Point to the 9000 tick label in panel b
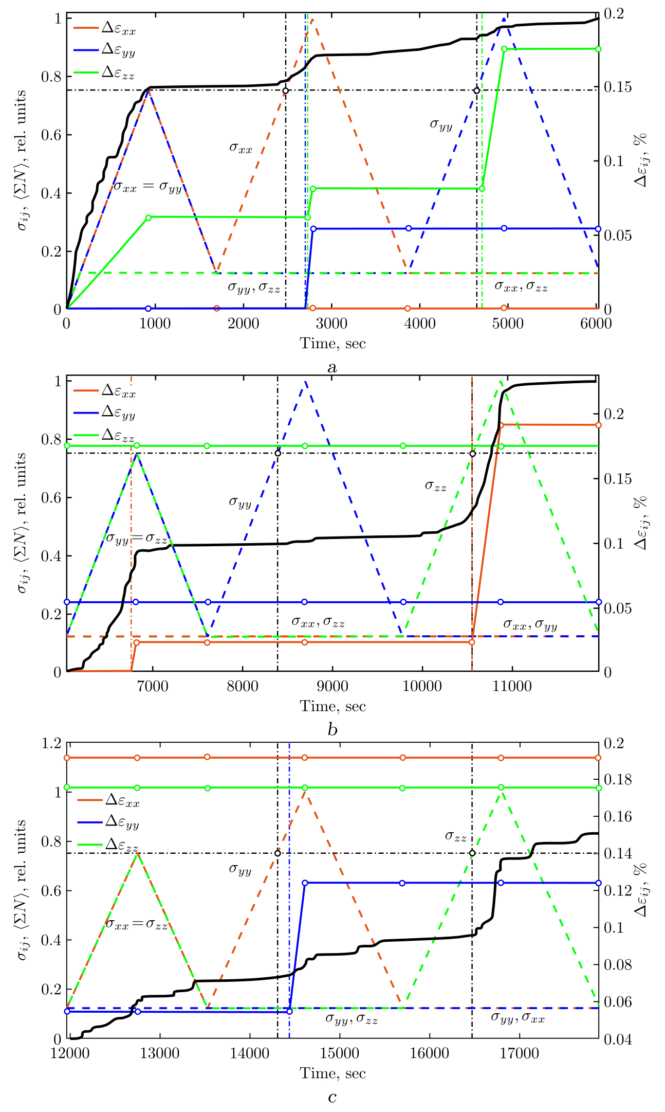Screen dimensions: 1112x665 coord(332,686)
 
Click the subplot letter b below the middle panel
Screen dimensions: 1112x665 coord(332,730)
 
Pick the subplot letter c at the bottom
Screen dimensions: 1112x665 coord(332,1097)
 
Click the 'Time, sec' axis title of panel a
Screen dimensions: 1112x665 coord(332,343)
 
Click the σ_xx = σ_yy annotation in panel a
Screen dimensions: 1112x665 coord(147,187)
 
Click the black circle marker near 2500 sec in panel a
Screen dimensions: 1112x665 coord(286,91)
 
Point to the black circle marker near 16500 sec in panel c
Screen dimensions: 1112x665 coord(472,853)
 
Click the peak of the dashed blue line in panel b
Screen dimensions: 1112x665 coord(305,382)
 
